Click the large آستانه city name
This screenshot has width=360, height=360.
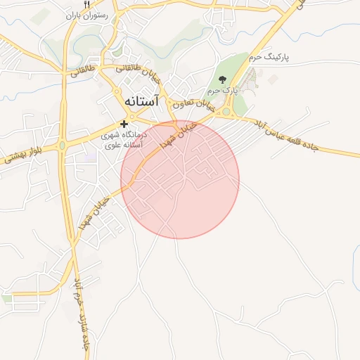(141, 101)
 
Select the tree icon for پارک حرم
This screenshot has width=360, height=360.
(223, 79)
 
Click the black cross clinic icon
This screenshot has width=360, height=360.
(124, 124)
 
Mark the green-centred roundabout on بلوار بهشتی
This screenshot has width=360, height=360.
(63, 146)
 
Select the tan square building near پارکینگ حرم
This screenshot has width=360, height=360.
(252, 73)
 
